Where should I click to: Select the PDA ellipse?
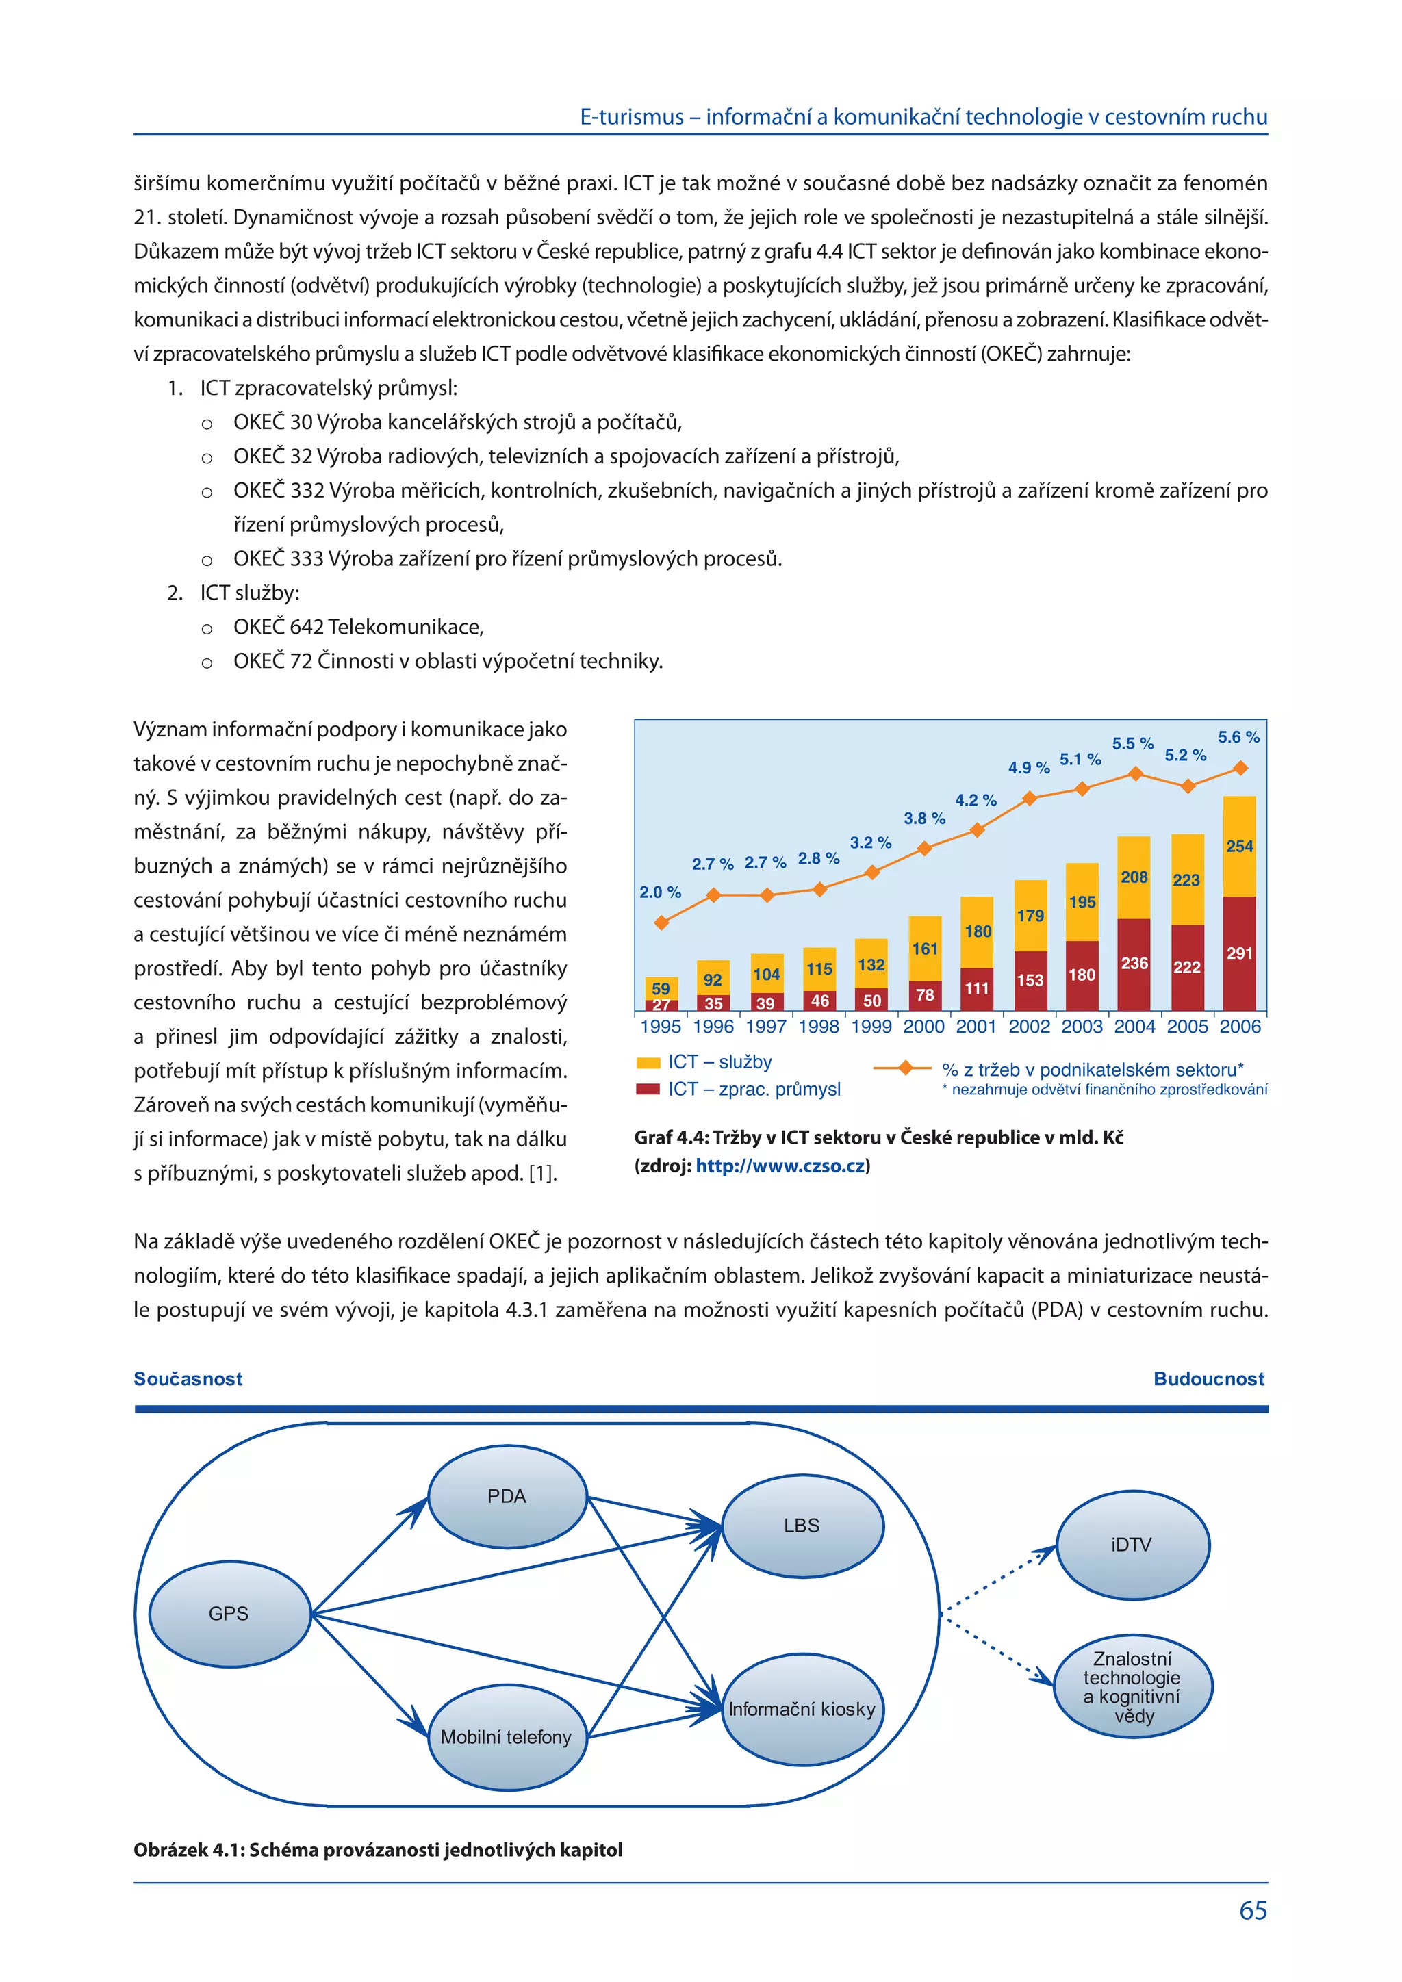508,1497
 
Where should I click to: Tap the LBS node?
802,1526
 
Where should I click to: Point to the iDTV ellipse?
1132,1545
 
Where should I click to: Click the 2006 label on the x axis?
1240,1027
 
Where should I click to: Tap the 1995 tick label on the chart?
661,1027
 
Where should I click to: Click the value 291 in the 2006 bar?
1240,953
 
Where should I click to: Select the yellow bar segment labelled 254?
1240,846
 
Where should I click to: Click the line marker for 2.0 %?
661,923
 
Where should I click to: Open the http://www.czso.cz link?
780,1166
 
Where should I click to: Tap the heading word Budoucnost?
1209,1378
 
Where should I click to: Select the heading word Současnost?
188,1378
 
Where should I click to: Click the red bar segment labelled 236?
1134,964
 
